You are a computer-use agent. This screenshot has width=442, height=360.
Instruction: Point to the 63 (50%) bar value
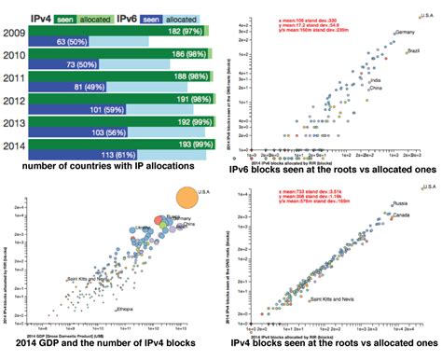tap(74, 42)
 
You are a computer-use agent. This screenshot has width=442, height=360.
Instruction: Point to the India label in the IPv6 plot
tap(375, 80)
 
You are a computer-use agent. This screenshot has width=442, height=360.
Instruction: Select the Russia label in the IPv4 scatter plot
tap(397, 202)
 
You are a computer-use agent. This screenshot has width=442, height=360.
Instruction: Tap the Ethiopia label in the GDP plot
tap(123, 309)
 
